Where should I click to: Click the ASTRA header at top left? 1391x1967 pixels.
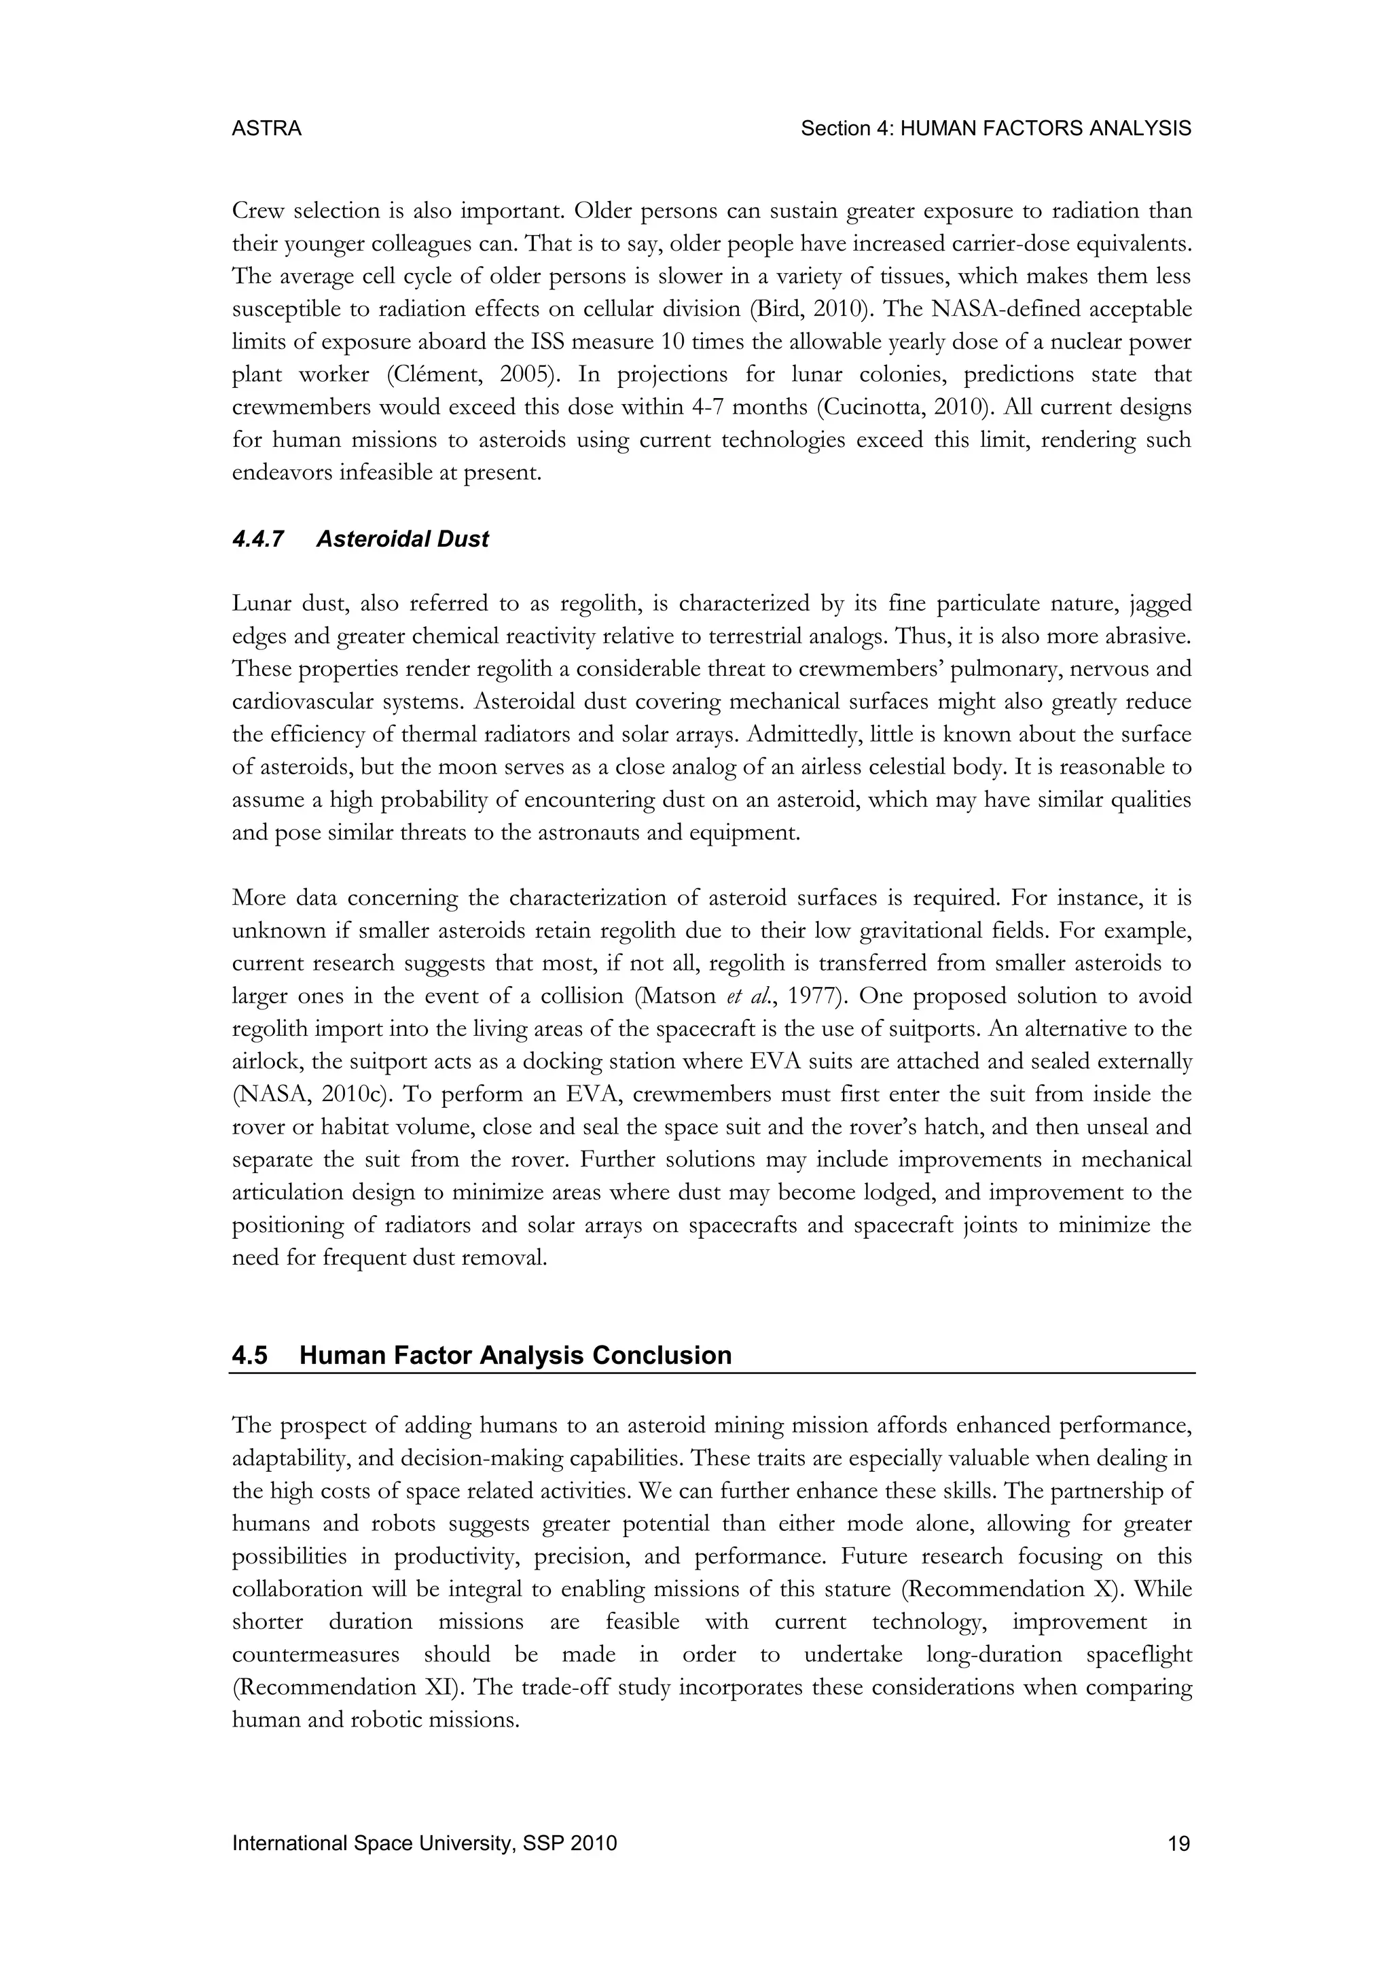coord(266,128)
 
